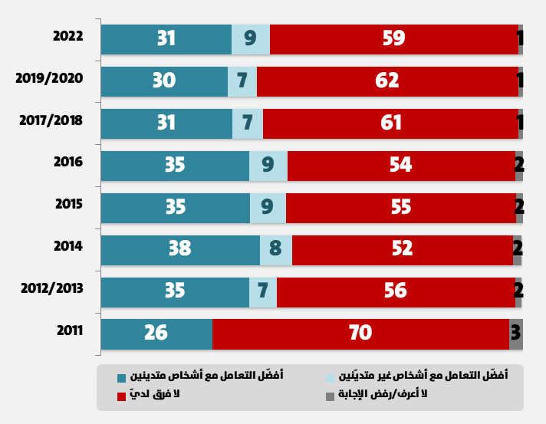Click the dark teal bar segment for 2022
(x=166, y=39)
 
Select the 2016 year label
(x=67, y=163)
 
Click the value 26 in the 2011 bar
(x=156, y=333)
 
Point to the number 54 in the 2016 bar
(x=400, y=164)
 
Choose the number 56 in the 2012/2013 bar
(x=396, y=291)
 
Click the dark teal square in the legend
(x=120, y=377)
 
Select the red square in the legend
(x=120, y=396)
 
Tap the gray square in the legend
(x=331, y=396)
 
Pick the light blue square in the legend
(x=331, y=377)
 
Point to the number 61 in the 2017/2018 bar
(x=390, y=122)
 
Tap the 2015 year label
(x=67, y=205)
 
